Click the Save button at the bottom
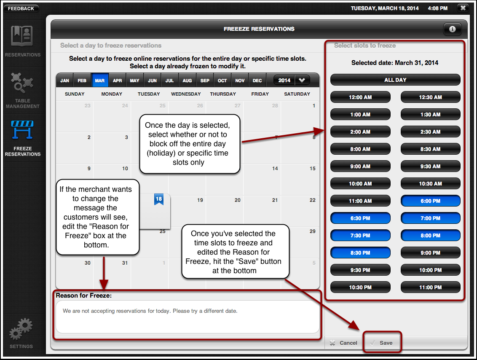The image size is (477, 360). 381,343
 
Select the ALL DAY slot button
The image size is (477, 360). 395,80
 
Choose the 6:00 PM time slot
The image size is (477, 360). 430,201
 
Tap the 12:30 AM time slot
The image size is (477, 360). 430,97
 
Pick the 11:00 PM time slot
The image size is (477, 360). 430,287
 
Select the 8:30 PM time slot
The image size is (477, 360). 360,253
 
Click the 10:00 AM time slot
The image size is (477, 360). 360,184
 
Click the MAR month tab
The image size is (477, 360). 100,81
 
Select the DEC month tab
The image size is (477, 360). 257,81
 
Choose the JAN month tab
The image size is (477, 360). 65,81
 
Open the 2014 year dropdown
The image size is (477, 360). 292,80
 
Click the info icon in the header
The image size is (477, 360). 452,29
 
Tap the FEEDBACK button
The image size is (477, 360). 21,8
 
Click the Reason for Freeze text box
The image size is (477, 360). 188,317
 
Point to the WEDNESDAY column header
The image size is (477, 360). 185,94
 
